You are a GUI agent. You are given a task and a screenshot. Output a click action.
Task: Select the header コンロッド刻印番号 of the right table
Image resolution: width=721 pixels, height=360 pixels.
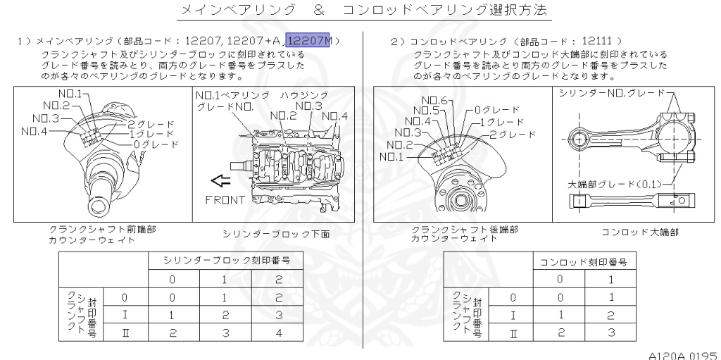583,262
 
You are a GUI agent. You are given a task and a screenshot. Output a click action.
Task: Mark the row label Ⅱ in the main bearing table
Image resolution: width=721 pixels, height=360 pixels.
125,330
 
